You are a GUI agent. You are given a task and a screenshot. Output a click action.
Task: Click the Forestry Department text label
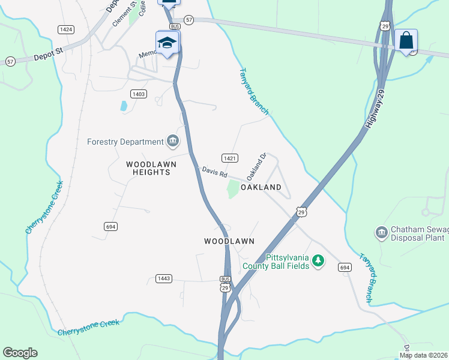pos(125,142)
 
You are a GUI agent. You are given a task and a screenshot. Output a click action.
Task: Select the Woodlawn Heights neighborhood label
pos(148,167)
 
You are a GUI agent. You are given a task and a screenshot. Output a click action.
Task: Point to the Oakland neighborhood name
pos(261,187)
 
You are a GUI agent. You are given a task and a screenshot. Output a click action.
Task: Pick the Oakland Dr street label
pos(256,167)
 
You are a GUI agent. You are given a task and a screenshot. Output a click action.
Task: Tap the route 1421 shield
pos(230,158)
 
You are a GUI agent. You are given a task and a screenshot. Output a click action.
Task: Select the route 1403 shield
pos(138,94)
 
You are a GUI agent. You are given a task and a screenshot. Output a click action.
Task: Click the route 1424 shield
pos(66,29)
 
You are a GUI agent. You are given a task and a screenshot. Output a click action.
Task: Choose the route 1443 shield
pos(164,278)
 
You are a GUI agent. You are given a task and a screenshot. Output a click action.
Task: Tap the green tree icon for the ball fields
pos(319,260)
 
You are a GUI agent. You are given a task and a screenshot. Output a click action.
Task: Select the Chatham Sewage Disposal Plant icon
pos(381,232)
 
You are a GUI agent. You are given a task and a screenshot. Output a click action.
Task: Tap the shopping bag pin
pos(406,41)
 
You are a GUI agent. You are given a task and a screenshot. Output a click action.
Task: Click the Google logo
pos(20,353)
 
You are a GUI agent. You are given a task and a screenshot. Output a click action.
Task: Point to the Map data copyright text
pos(424,355)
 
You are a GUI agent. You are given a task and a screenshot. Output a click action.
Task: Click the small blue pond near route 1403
pos(124,106)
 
